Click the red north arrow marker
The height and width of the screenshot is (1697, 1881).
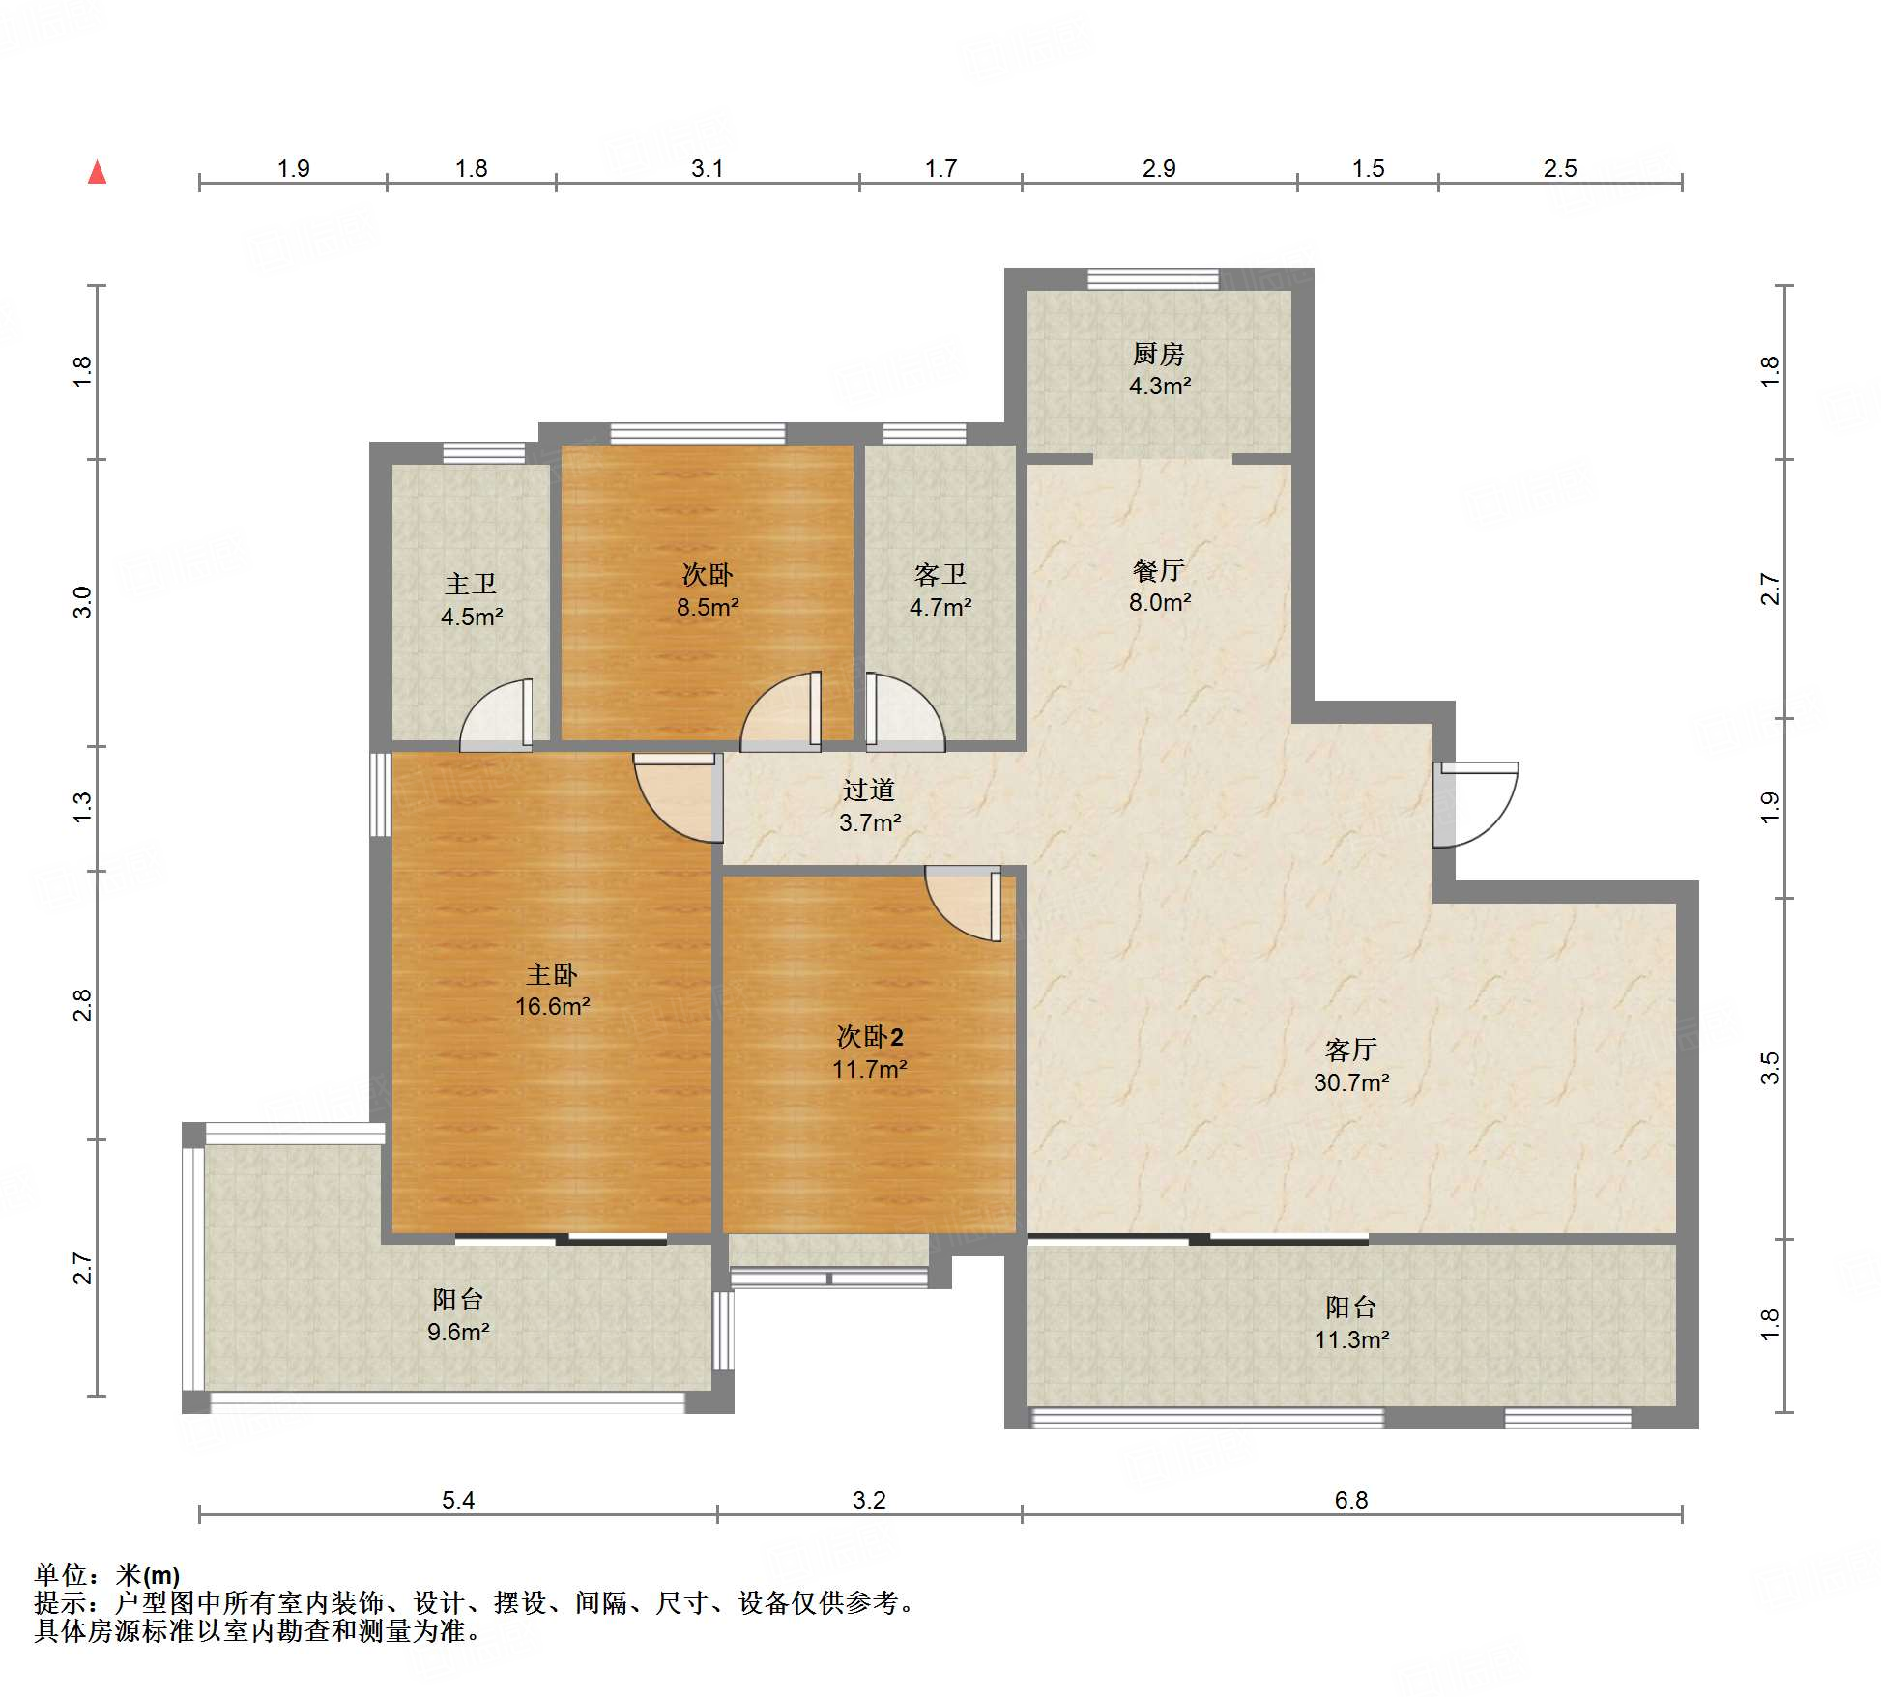tap(97, 172)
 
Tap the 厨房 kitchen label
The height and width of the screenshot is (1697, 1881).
tap(1159, 354)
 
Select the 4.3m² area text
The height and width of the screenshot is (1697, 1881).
tap(1160, 386)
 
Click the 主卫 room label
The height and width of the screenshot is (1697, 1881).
tap(471, 584)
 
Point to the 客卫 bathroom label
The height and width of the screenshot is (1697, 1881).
tap(940, 575)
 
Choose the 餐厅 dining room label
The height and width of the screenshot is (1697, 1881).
tap(1159, 570)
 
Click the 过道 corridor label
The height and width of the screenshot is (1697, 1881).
tap(869, 791)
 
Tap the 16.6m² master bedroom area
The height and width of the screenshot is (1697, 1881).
tap(553, 1006)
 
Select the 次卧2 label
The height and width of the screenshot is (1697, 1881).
tap(870, 1037)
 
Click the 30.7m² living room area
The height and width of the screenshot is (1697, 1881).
tap(1351, 1082)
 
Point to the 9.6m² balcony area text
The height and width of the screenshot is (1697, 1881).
tap(458, 1332)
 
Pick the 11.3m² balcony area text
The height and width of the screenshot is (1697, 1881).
tap(1351, 1339)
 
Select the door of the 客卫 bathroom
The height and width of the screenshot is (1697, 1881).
tap(905, 712)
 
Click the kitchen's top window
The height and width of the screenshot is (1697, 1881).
tap(1153, 278)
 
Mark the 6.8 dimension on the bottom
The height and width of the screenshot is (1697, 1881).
tap(1351, 1500)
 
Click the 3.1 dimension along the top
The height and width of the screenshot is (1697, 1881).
tap(708, 168)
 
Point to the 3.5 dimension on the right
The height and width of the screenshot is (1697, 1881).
tap(1769, 1069)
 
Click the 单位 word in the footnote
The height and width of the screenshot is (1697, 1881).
tap(61, 1574)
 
